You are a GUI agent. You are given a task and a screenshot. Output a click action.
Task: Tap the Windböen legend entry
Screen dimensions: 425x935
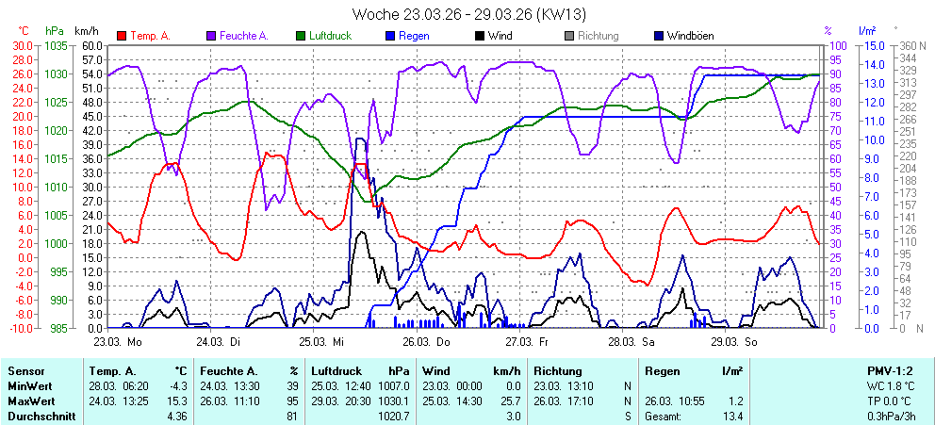click(x=689, y=36)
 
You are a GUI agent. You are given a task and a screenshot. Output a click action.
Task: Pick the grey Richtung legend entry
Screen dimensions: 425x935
click(x=598, y=36)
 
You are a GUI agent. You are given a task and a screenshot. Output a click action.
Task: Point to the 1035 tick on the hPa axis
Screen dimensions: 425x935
click(x=56, y=45)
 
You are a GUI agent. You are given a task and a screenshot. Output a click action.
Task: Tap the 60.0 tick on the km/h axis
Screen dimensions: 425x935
click(x=91, y=45)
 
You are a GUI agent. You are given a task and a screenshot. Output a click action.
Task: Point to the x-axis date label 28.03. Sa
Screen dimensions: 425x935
click(x=632, y=342)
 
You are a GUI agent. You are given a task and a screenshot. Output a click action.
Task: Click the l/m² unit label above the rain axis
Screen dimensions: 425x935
click(x=868, y=30)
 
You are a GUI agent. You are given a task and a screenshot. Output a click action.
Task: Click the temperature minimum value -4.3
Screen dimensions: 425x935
click(x=176, y=385)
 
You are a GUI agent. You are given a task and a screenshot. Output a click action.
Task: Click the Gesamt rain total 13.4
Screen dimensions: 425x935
click(x=731, y=415)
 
